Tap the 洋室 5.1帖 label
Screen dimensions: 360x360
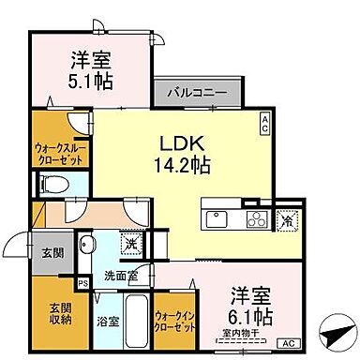93,70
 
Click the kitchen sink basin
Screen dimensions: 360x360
217,220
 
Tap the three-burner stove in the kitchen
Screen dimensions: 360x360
255,220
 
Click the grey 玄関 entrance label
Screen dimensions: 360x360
51,252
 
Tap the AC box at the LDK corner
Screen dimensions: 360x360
265,119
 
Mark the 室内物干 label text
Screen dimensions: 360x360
242,331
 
